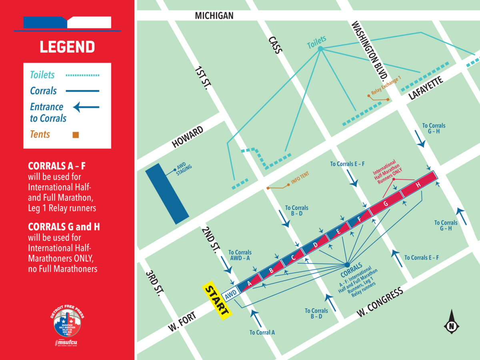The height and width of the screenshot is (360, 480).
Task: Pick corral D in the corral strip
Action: (x=316, y=245)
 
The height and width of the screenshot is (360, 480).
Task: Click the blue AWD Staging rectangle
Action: (x=167, y=193)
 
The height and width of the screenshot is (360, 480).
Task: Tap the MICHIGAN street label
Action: (x=214, y=16)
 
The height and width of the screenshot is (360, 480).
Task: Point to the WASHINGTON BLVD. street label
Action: (x=370, y=50)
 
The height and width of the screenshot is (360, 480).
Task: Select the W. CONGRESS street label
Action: (x=380, y=302)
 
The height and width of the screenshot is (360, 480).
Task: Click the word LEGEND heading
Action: (x=67, y=47)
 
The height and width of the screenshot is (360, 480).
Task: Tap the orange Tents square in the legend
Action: (x=76, y=135)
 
